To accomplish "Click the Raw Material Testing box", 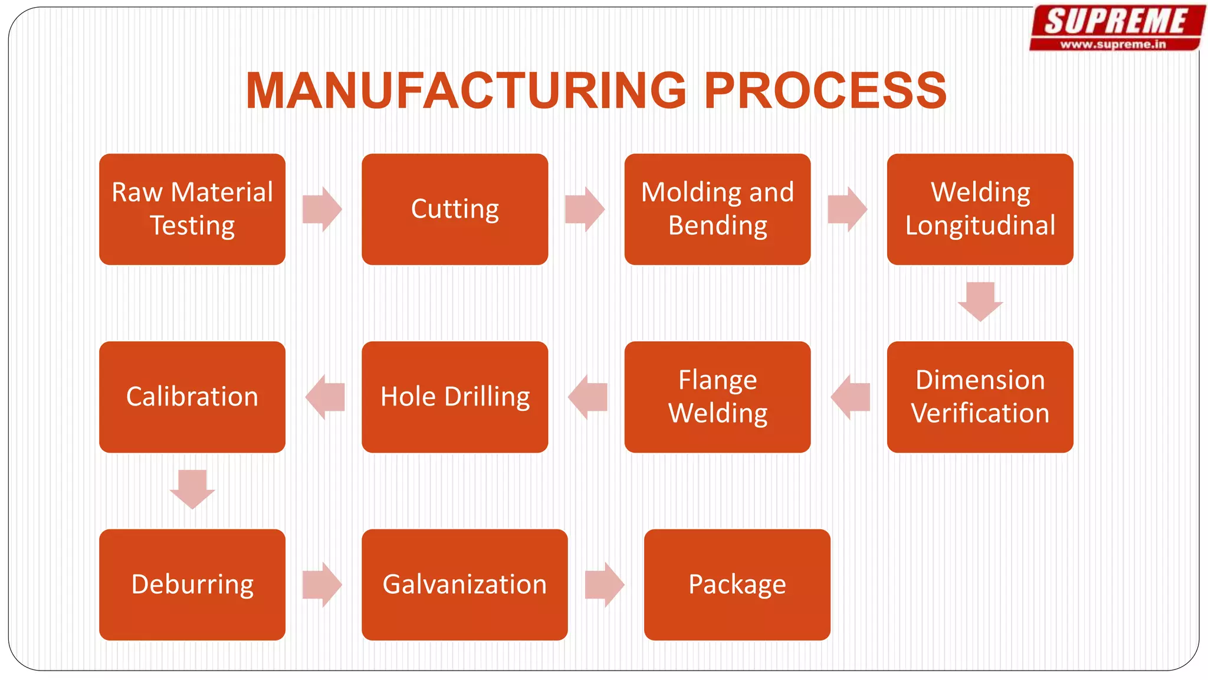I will tap(192, 209).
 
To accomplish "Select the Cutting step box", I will tap(455, 209).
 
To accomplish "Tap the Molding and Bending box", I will tap(717, 209).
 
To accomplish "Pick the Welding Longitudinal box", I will tap(980, 209).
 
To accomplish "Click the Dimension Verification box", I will tap(980, 397).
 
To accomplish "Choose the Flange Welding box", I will tap(717, 397).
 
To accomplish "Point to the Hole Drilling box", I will tap(455, 397).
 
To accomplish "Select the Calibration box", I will tap(192, 397).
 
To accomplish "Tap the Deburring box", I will tap(192, 584).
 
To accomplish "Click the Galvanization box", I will tap(465, 584).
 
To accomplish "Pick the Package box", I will tap(737, 584).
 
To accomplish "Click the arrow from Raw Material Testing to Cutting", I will tap(322, 209).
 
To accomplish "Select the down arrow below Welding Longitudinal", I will tap(980, 302).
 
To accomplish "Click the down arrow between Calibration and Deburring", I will tap(192, 489).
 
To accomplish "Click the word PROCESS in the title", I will tap(825, 91).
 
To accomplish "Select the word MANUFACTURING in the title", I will tap(466, 91).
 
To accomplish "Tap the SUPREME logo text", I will tap(1115, 22).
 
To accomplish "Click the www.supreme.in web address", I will tap(1113, 44).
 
